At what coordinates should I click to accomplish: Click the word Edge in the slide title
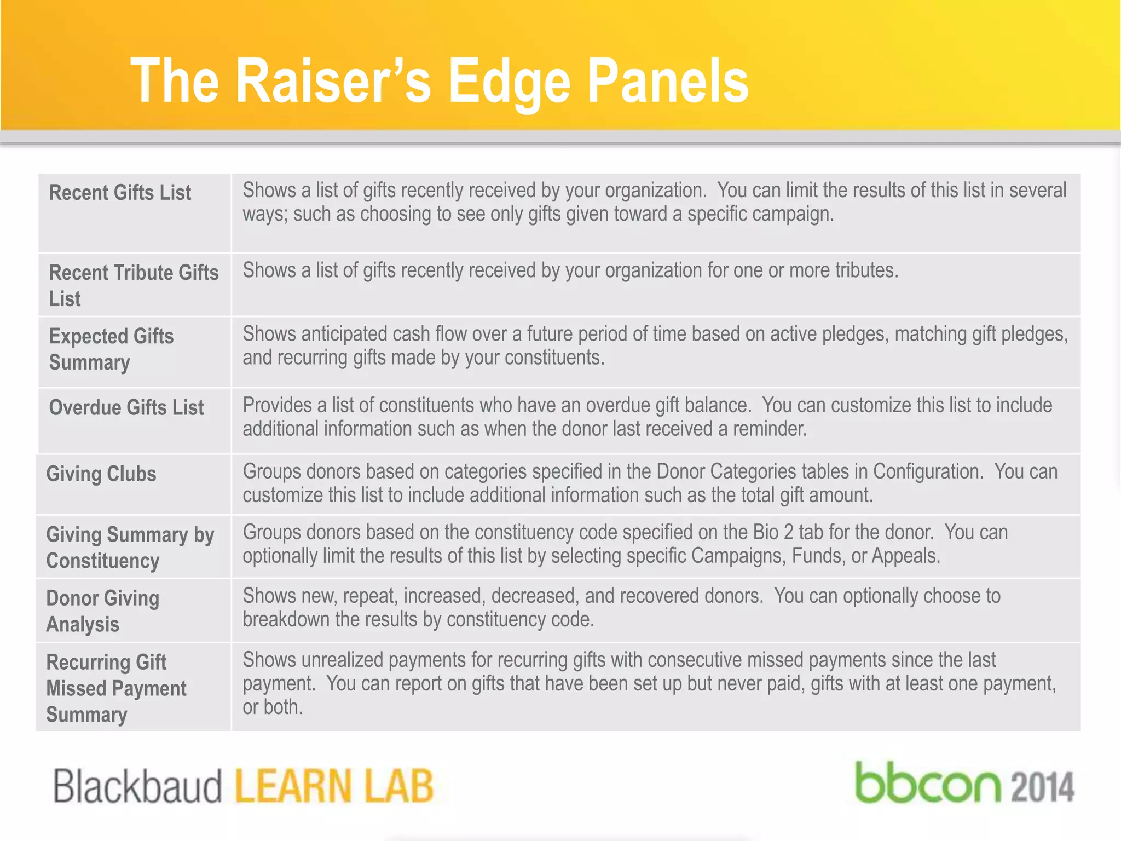(509, 82)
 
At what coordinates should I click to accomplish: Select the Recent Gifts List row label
(120, 193)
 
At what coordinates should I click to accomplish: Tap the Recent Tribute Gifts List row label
(133, 285)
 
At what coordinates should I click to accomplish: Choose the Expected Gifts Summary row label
(111, 349)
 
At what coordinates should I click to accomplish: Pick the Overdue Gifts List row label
(126, 407)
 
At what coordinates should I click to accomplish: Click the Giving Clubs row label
(101, 474)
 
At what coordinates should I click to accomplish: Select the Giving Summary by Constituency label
(130, 548)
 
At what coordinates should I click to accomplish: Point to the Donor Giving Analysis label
(102, 611)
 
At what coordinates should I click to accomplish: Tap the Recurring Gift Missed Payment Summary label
(116, 688)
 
